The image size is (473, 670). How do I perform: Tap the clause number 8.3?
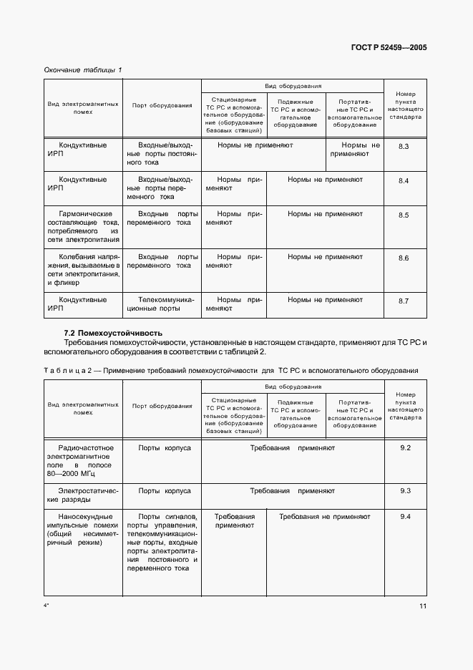pyautogui.click(x=403, y=146)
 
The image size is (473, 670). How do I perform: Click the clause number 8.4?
pyautogui.click(x=403, y=180)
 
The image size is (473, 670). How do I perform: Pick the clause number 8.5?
pyautogui.click(x=403, y=215)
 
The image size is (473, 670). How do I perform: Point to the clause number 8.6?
pyautogui.click(x=403, y=258)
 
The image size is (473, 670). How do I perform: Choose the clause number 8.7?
pyautogui.click(x=403, y=301)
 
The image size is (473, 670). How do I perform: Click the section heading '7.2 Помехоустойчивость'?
pyautogui.click(x=113, y=333)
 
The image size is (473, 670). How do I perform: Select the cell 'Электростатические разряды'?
pyautogui.click(x=83, y=496)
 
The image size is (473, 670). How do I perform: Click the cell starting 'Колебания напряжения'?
pyautogui.click(x=83, y=269)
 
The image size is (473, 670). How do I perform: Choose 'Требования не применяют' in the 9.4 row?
pyautogui.click(x=324, y=516)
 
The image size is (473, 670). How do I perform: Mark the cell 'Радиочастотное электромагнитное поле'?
pyautogui.click(x=83, y=460)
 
